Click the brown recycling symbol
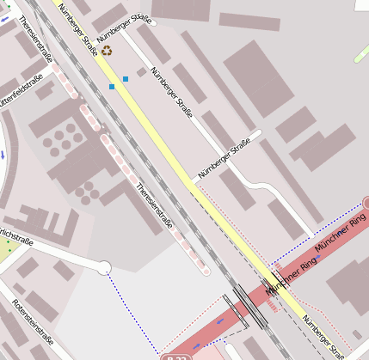tap(106, 51)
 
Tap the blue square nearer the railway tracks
tap(112, 86)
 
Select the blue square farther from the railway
tap(126, 79)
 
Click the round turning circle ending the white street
tap(104, 268)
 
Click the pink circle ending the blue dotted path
tap(366, 203)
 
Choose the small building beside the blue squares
tap(140, 72)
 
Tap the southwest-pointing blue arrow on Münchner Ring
tap(220, 323)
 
